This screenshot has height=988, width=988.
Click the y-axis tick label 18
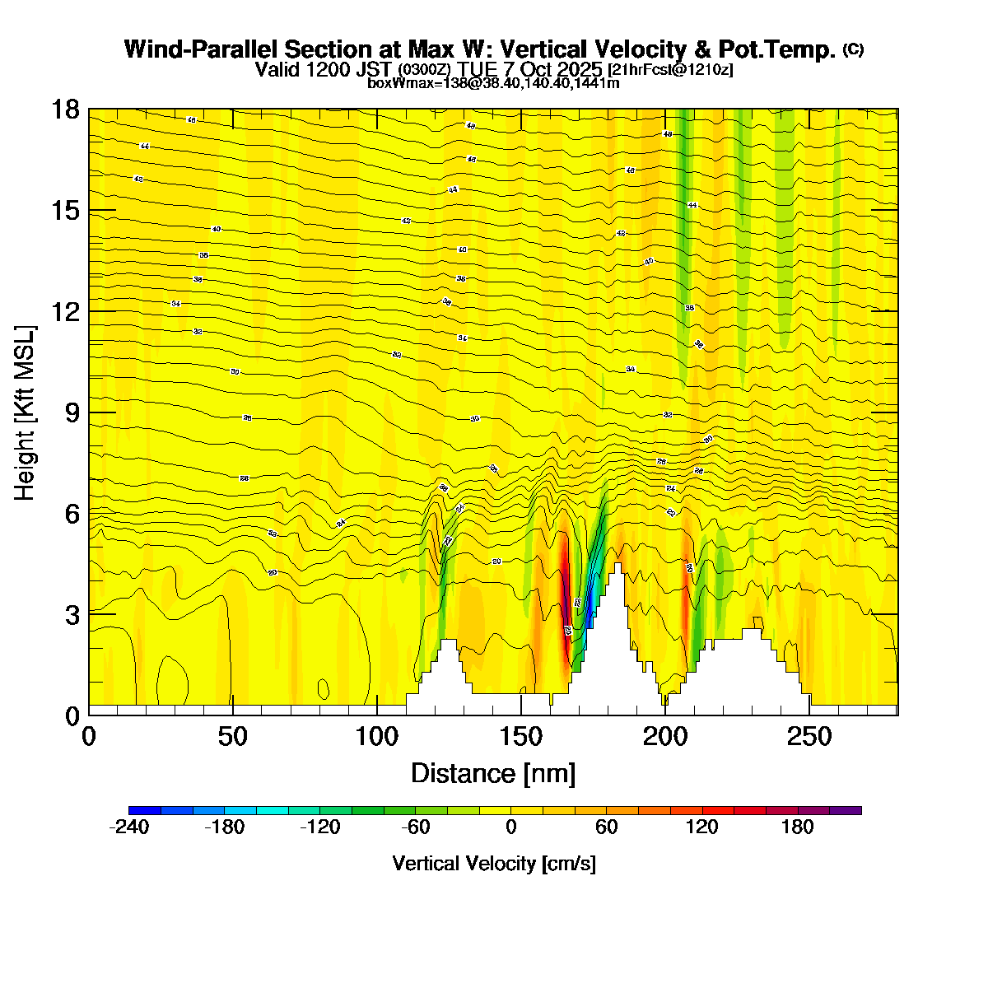(x=67, y=110)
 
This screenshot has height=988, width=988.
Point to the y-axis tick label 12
(x=67, y=311)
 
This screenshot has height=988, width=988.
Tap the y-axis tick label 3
(x=72, y=614)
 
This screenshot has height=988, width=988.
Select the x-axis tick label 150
(x=521, y=736)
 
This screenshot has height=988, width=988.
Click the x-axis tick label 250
(x=809, y=736)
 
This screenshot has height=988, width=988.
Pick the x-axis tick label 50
(x=233, y=736)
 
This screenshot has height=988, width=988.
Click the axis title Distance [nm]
(x=492, y=773)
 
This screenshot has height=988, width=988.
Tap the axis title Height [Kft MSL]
(x=26, y=413)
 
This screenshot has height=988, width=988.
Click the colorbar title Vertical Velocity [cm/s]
(x=494, y=864)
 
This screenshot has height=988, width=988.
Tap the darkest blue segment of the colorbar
(x=145, y=810)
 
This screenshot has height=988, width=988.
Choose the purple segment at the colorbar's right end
(x=845, y=810)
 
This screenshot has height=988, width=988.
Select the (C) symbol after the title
(x=853, y=49)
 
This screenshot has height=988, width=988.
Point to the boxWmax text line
(x=493, y=82)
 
